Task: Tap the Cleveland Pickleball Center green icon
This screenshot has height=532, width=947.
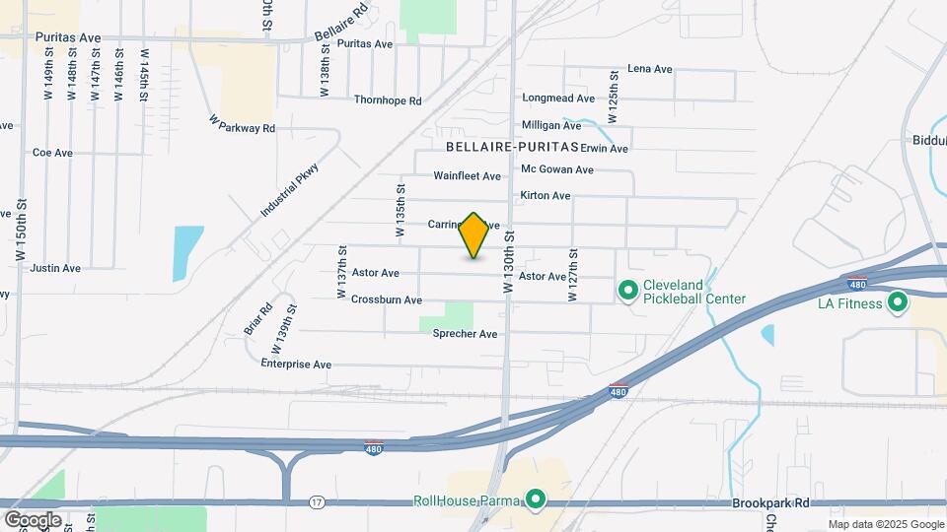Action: [626, 291]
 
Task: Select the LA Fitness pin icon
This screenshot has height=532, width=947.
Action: [897, 302]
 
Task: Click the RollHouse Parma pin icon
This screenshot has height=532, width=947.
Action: [536, 500]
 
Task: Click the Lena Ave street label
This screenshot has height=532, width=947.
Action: [649, 69]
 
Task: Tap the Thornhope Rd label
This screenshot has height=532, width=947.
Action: [388, 100]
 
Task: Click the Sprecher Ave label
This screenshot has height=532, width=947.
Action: [465, 334]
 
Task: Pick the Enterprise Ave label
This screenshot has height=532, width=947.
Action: [296, 364]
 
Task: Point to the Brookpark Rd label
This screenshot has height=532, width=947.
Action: [771, 502]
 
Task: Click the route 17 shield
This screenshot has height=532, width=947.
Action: [316, 501]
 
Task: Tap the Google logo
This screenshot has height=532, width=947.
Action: [33, 519]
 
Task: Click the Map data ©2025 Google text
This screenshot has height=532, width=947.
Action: [885, 524]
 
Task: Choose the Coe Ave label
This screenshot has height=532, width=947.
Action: [52, 153]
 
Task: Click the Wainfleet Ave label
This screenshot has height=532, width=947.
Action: [468, 176]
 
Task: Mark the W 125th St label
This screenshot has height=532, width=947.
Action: [613, 96]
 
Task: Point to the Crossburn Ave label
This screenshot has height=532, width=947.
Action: [387, 299]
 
